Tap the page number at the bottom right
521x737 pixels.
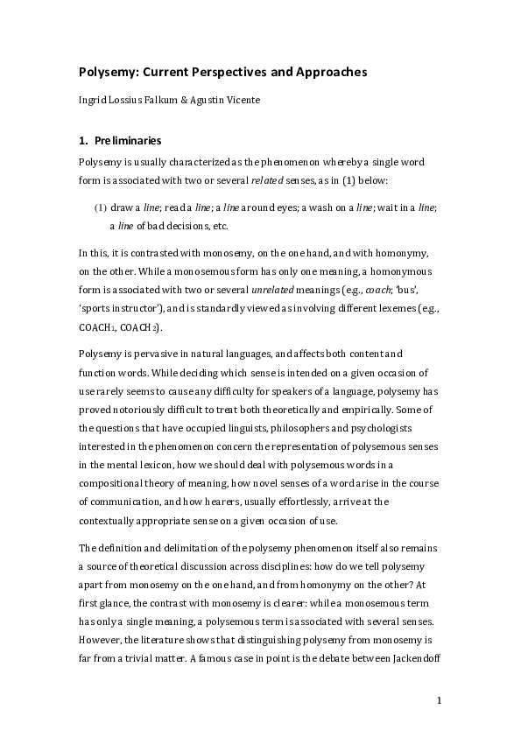(x=440, y=700)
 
